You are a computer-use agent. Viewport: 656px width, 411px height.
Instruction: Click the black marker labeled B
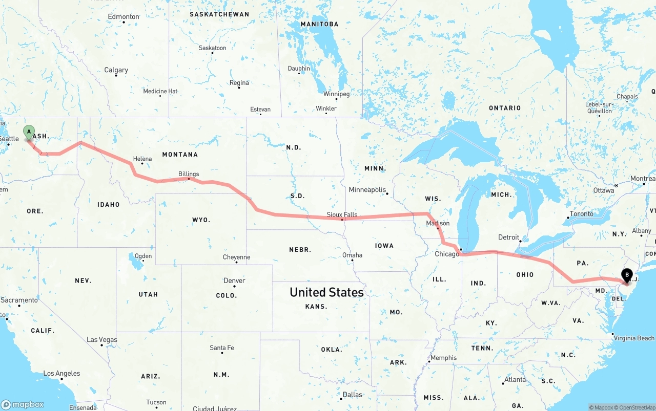(626, 275)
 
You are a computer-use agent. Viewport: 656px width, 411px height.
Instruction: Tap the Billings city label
(189, 174)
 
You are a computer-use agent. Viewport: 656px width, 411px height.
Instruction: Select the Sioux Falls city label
(342, 215)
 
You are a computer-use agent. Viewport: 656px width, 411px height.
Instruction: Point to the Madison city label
(438, 223)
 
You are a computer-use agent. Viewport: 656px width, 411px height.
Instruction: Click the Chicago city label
(447, 254)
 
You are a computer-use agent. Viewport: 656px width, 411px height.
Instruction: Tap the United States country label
(326, 292)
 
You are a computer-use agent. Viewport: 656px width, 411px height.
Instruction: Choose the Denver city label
(234, 280)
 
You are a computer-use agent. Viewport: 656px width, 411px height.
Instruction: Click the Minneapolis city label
(367, 190)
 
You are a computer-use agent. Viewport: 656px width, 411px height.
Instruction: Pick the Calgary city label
(116, 70)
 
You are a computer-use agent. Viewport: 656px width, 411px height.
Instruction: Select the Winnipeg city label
(336, 94)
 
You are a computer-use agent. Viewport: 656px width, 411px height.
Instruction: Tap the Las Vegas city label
(102, 340)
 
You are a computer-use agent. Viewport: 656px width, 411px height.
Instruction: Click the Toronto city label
(581, 214)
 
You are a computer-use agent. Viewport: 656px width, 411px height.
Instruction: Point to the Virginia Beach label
(634, 338)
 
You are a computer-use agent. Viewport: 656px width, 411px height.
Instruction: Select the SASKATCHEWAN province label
(219, 14)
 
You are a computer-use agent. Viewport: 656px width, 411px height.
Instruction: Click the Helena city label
(142, 159)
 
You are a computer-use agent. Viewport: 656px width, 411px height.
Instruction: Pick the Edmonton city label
(124, 17)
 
